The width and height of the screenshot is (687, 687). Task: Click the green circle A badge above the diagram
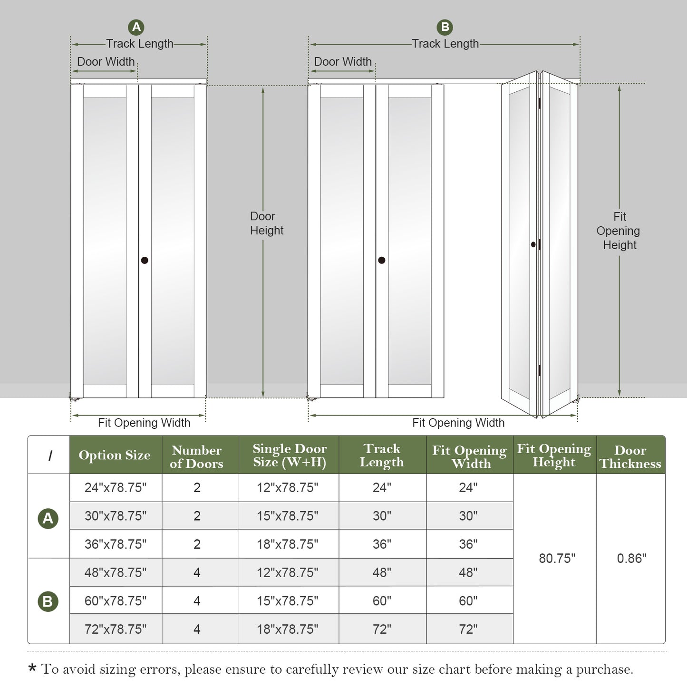coord(136,27)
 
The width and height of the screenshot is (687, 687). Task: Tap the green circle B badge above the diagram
coord(445,27)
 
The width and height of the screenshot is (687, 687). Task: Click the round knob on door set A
coord(145,260)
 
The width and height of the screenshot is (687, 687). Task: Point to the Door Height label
coord(266,223)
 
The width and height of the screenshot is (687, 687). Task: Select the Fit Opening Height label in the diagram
coord(619,231)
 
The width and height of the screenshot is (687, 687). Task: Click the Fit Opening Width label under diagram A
coord(144,423)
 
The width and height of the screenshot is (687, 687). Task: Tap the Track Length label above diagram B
coord(445,44)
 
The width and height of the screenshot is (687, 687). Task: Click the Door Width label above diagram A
coord(106,62)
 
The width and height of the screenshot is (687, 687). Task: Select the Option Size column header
coord(115,455)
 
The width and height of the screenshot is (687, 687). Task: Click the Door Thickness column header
coord(630,456)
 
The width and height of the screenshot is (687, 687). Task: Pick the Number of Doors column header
coord(197,456)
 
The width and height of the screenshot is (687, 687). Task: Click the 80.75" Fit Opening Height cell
coord(557,558)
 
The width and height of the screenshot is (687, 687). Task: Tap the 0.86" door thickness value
coord(631,558)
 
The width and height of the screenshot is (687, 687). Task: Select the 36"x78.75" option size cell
coord(116,544)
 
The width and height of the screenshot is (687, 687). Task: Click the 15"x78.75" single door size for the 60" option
coord(288,600)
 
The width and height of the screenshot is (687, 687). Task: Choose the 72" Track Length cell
coord(382,629)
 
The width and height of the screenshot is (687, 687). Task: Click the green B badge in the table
coord(48,601)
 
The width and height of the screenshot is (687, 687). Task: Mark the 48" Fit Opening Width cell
coord(468,572)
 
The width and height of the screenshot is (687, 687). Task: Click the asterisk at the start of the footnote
coord(32,669)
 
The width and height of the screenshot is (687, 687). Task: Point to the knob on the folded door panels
coord(533,244)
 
